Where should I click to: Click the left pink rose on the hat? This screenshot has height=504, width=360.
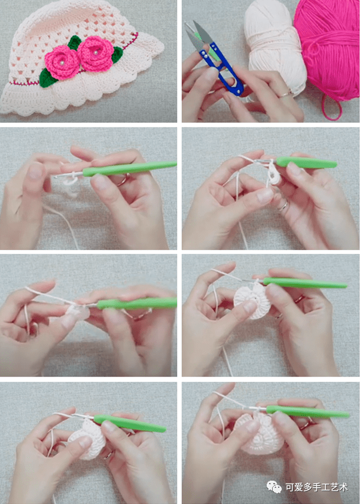click(62, 63)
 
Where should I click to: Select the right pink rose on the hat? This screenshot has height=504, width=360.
click(96, 53)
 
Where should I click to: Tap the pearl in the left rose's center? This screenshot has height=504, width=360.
click(60, 63)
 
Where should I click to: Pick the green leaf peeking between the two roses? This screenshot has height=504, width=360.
click(74, 42)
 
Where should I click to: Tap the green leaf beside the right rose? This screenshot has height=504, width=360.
click(117, 54)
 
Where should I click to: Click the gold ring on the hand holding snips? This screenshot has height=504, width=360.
click(285, 94)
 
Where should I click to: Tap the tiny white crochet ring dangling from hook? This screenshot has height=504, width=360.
click(273, 174)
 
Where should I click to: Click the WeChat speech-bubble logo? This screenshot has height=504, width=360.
click(273, 487)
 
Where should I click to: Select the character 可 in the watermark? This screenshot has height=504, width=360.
click(290, 487)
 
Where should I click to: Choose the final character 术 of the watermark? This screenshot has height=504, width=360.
click(343, 487)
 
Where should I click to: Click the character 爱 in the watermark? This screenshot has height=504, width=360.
click(298, 487)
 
